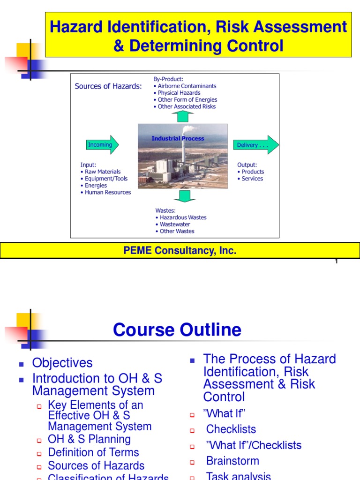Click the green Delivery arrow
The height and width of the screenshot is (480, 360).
click(x=255, y=145)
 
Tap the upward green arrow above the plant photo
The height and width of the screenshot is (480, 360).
click(x=182, y=116)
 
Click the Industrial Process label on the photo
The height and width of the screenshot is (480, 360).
click(x=178, y=138)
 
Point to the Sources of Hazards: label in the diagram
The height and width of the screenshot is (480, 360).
click(x=108, y=86)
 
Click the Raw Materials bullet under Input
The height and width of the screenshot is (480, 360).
click(x=102, y=172)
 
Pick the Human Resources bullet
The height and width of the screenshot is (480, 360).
click(x=107, y=192)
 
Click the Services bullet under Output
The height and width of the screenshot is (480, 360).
click(x=252, y=179)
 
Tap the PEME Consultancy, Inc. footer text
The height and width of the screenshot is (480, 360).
click(x=180, y=251)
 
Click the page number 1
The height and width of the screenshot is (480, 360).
click(x=336, y=262)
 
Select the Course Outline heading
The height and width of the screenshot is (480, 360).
click(x=177, y=330)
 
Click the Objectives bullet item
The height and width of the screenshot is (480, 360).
click(x=62, y=363)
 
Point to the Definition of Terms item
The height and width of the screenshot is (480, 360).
click(x=93, y=452)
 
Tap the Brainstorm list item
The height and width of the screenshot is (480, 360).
click(x=232, y=461)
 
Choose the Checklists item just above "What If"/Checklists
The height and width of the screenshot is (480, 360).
click(x=231, y=429)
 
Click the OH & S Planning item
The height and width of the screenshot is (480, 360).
click(x=89, y=439)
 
